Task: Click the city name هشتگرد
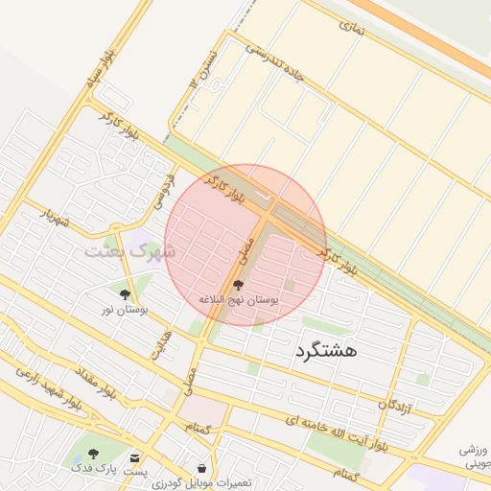click(x=321, y=351)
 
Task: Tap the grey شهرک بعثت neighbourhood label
click(x=129, y=251)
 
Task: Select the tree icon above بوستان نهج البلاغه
click(x=238, y=285)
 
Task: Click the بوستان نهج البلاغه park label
click(x=238, y=300)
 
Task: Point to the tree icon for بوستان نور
click(x=126, y=294)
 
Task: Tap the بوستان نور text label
click(x=127, y=310)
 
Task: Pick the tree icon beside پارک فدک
click(x=93, y=454)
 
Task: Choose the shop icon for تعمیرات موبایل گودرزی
click(x=201, y=467)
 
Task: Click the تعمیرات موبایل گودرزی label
click(x=201, y=481)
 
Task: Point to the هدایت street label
click(x=161, y=344)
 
